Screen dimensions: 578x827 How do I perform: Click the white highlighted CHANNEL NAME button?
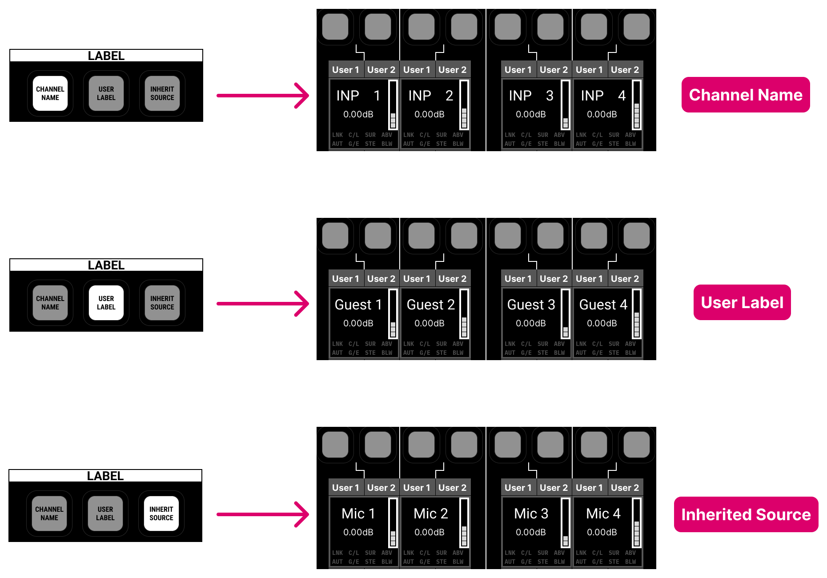tap(50, 93)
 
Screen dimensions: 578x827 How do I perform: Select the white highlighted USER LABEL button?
tap(106, 303)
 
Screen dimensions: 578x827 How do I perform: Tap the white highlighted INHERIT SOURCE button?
tap(161, 514)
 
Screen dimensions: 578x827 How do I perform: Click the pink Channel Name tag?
tap(745, 95)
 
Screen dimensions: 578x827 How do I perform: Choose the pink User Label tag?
tap(742, 302)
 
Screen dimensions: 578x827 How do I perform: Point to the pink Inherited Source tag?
tap(746, 514)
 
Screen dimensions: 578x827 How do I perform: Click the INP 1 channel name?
tap(358, 96)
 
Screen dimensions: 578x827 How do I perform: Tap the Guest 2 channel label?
tap(430, 305)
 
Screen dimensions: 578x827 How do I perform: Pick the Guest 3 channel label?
tap(531, 305)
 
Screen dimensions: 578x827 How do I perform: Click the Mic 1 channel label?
tap(358, 514)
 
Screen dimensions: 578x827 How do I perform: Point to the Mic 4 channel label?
tap(603, 514)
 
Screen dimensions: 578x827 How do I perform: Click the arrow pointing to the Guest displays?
tap(263, 304)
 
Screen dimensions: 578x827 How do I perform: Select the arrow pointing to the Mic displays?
tap(263, 514)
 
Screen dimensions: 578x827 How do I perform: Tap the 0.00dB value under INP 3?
tap(530, 114)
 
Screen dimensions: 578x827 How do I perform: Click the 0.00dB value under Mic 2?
tap(429, 532)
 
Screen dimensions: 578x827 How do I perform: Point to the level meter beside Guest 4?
tap(637, 313)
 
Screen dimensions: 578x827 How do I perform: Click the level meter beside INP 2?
tap(464, 104)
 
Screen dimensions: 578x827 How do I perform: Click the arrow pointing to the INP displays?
tap(263, 96)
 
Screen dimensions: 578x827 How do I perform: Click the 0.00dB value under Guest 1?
tap(358, 323)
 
